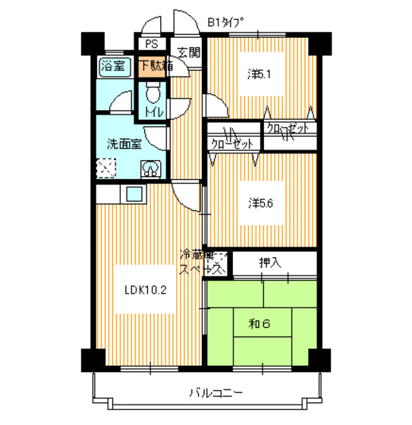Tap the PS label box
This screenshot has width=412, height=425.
pos(151,44)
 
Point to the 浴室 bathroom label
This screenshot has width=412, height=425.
pos(115,65)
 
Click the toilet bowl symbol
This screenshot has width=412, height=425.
pos(153,95)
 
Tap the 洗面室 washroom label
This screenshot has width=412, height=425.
pos(124,143)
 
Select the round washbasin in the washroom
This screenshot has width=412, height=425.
pos(152,168)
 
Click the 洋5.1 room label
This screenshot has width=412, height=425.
pos(258,74)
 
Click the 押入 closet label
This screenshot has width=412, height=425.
pos(269,263)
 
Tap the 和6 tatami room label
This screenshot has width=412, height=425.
pos(259,324)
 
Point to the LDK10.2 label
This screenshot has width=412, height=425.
pos(140,288)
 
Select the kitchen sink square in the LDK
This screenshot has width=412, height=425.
pos(135,194)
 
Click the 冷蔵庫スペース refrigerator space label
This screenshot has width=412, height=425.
pos(201,262)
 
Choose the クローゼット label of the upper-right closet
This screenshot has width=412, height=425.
pos(288,129)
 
